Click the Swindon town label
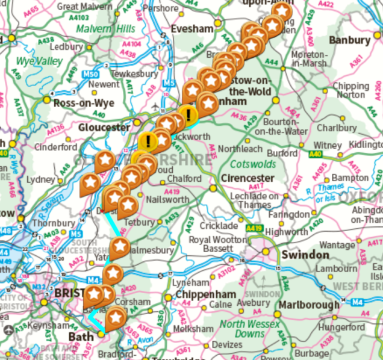click(x=305, y=255)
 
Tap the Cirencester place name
click(x=248, y=178)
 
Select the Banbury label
click(x=349, y=40)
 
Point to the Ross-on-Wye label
click(x=83, y=104)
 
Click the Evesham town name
click(x=192, y=29)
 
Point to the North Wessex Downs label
click(x=249, y=329)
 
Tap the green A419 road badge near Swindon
click(x=253, y=229)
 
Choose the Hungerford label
click(x=338, y=327)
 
